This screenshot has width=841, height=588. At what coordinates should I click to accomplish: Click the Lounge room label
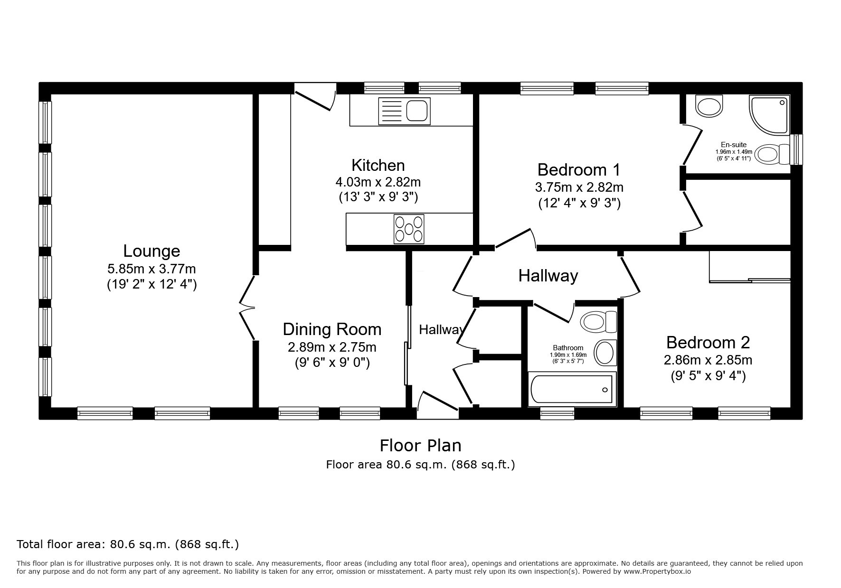click(x=151, y=251)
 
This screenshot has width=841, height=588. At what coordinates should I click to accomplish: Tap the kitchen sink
click(x=404, y=111)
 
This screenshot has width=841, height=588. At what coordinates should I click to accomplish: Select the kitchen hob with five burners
click(x=409, y=229)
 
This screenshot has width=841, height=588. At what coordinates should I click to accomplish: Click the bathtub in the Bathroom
click(x=572, y=390)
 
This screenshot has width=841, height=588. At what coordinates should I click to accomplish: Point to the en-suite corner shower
click(x=770, y=114)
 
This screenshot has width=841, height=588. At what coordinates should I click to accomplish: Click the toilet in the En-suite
click(x=772, y=154)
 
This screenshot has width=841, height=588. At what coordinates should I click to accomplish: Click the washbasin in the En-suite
click(x=709, y=105)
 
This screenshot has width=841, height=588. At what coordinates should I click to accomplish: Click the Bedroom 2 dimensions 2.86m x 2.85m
click(x=708, y=360)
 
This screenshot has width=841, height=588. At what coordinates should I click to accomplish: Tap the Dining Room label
click(x=332, y=329)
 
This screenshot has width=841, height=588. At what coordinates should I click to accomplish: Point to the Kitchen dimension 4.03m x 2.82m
click(x=378, y=182)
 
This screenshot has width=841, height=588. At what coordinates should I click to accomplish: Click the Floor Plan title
click(x=420, y=445)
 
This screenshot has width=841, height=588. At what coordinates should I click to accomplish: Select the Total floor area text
click(x=128, y=544)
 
